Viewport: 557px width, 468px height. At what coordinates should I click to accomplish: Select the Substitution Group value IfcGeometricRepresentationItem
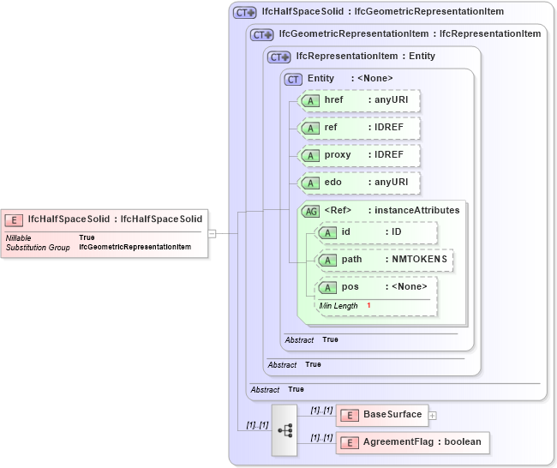click(x=135, y=247)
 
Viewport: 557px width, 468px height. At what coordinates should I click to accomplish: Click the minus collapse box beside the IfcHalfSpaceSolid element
click(x=212, y=232)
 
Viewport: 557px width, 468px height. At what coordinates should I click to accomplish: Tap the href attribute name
click(x=334, y=100)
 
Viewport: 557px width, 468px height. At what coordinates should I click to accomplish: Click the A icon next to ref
click(x=308, y=128)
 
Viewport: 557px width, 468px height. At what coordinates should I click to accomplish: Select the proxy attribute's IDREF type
click(x=388, y=155)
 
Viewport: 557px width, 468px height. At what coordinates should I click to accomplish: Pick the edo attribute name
click(x=333, y=183)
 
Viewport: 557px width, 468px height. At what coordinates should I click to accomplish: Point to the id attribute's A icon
click(x=326, y=232)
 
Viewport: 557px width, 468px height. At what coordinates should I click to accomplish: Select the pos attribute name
click(x=350, y=286)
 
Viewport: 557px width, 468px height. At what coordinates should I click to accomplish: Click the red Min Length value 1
click(x=368, y=305)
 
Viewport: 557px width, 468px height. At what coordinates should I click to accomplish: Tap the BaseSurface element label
click(x=392, y=415)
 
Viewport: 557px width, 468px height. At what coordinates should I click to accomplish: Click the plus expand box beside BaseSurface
click(x=433, y=416)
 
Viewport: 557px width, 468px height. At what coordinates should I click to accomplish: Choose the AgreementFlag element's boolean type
click(x=462, y=442)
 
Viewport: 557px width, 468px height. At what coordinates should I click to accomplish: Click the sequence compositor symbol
click(x=284, y=429)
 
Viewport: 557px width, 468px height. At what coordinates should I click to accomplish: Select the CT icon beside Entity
click(x=293, y=79)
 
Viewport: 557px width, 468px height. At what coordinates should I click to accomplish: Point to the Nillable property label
click(x=21, y=237)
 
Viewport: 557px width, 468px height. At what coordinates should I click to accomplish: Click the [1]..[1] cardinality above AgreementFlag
click(x=321, y=437)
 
